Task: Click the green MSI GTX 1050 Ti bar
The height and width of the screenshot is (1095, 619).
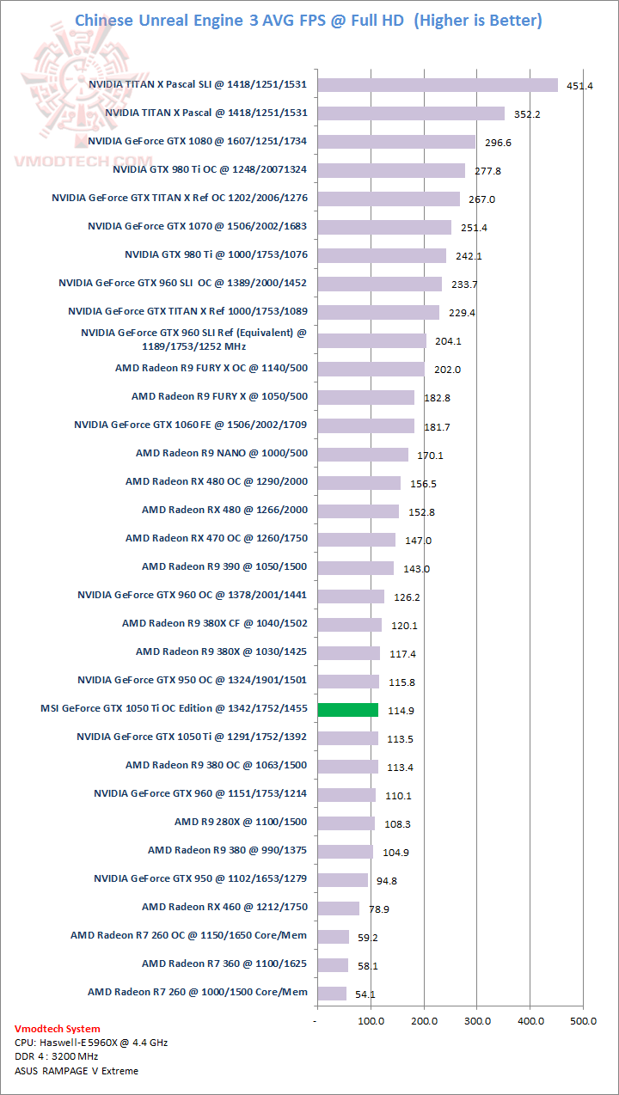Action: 348,710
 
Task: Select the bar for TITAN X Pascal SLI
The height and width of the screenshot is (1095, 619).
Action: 438,85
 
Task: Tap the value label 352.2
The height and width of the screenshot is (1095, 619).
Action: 524,114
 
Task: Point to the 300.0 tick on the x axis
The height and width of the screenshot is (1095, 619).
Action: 477,1021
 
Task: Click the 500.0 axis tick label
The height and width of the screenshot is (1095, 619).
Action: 583,1021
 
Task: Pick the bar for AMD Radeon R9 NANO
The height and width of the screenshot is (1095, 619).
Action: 363,454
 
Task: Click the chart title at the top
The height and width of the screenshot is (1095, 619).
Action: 309,20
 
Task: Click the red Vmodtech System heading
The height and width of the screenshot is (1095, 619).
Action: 58,1029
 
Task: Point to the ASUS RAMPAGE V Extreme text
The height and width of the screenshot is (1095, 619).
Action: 77,1071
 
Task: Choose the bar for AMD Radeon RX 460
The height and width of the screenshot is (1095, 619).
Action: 339,908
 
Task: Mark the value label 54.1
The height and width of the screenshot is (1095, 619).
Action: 365,994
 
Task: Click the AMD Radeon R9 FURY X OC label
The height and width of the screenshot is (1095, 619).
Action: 211,368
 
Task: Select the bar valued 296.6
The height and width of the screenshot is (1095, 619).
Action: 396,142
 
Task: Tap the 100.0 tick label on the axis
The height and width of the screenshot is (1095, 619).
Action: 371,1021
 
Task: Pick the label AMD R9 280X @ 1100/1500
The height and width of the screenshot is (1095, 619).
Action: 241,822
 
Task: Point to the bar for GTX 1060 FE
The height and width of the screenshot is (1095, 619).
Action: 366,425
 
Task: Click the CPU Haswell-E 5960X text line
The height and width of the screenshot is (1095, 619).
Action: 91,1043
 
